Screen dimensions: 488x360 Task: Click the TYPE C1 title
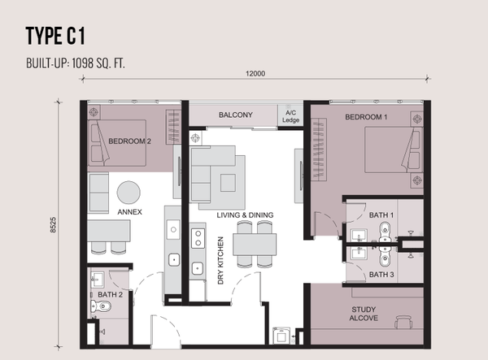coord(55,36)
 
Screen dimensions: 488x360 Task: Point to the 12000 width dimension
coord(255,74)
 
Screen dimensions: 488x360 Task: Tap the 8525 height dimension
coord(53,225)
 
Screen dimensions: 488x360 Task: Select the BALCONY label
coord(236,115)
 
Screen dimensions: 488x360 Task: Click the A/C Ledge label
coord(290,116)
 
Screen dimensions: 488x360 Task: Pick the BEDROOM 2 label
coord(129,141)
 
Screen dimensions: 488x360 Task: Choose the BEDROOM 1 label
coord(366,117)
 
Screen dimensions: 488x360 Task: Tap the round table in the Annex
coord(129,193)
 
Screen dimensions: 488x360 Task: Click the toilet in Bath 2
coord(101,306)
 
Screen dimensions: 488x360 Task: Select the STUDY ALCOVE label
coord(364,314)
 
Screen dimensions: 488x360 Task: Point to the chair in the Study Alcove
coord(403,322)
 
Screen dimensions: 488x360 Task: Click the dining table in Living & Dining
coord(255,245)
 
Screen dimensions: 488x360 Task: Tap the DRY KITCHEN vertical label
coord(220,261)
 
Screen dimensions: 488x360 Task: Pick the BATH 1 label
coord(381,215)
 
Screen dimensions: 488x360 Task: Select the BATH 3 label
coord(381,275)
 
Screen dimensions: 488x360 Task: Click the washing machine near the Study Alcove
coord(281,336)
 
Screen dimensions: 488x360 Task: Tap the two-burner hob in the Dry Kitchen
coord(198,238)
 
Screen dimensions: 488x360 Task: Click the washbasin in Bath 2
coord(98,280)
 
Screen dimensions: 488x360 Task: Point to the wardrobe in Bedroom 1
coord(319,150)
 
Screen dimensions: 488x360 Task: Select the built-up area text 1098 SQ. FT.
coord(98,63)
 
